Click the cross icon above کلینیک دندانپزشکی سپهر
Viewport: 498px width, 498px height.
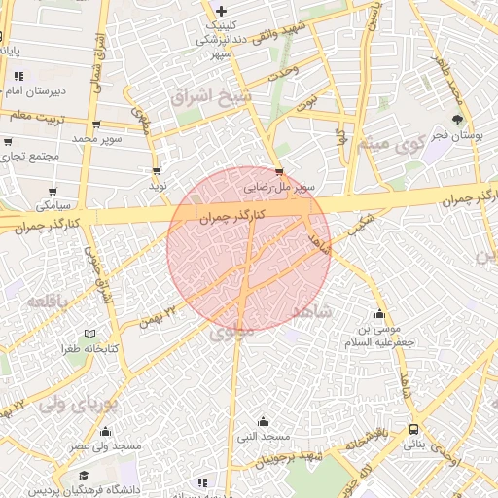click(x=222, y=11)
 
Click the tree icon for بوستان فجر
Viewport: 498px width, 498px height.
click(x=458, y=122)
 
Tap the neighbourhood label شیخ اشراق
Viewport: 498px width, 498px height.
click(x=210, y=98)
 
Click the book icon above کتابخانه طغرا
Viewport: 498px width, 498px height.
click(x=90, y=333)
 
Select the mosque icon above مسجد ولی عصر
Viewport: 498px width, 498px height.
click(x=105, y=431)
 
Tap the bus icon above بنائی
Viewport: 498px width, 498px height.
click(x=415, y=429)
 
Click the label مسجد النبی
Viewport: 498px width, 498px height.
click(x=262, y=436)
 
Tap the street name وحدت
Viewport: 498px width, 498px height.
click(x=281, y=75)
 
